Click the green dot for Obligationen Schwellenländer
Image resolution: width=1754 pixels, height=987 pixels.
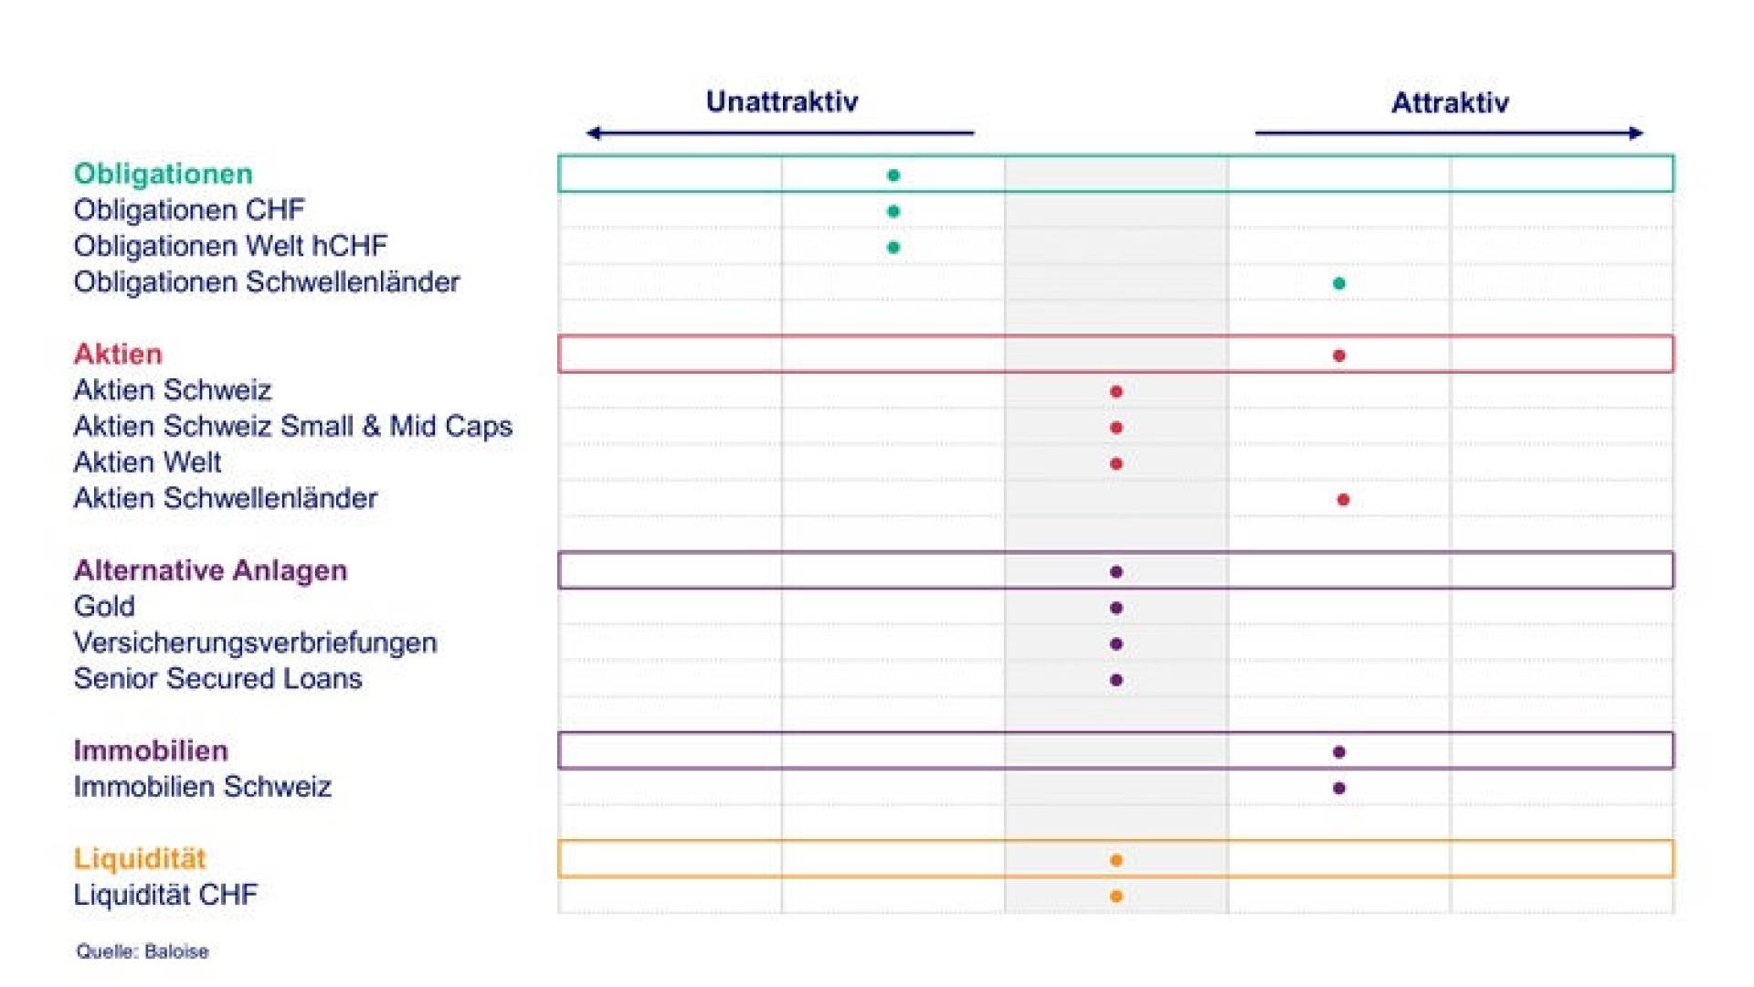[1339, 283]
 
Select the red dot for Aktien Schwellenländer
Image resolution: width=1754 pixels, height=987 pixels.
[1343, 500]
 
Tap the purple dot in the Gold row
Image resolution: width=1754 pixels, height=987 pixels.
[1116, 608]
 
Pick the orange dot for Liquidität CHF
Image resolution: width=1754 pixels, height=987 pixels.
[1116, 897]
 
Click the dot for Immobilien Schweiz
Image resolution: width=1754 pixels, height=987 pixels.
[1339, 788]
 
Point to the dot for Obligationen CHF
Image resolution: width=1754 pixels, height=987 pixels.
[893, 211]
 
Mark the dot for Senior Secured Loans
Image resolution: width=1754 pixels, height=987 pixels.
[1116, 680]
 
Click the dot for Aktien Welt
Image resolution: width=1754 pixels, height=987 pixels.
[1116, 463]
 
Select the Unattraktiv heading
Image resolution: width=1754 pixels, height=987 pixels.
[782, 101]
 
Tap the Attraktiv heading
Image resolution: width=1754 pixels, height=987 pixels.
[1450, 102]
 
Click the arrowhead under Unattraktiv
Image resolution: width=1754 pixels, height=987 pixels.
[593, 133]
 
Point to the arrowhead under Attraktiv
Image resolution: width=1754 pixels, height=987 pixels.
[1636, 133]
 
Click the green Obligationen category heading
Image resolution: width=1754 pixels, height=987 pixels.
[164, 174]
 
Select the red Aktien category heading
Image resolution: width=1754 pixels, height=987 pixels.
[118, 354]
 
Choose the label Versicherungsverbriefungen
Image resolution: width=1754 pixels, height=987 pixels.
[256, 642]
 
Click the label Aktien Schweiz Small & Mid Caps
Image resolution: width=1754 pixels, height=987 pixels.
[293, 426]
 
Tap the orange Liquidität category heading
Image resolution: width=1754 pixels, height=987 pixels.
[140, 858]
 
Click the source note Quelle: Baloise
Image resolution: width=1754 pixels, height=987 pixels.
[143, 951]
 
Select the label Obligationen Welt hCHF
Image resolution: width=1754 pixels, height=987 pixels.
[231, 246]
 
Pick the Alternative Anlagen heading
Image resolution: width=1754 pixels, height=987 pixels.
[211, 570]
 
